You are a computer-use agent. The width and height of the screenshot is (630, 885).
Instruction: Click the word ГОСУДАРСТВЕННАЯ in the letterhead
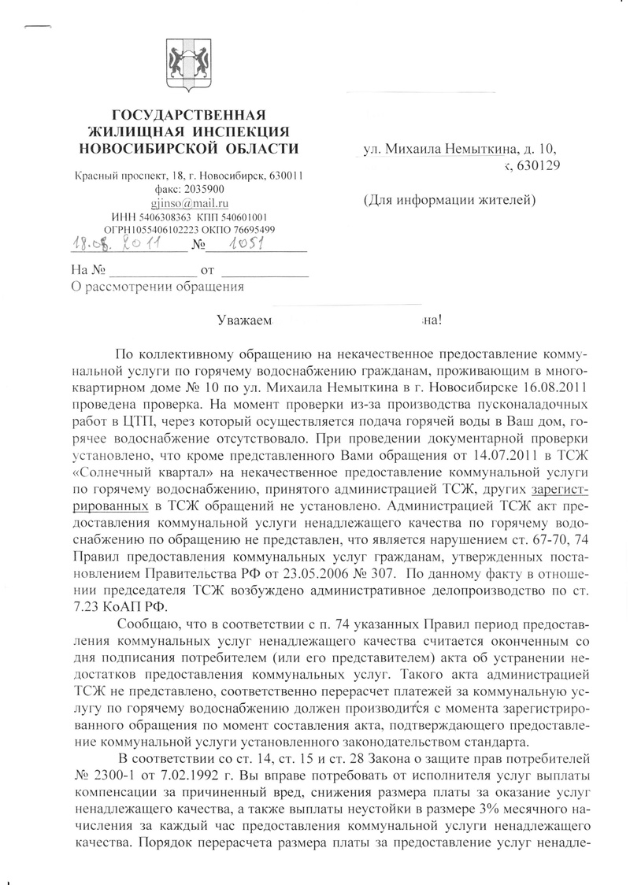[187, 115]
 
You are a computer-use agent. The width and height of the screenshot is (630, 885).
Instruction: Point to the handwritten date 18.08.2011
[113, 244]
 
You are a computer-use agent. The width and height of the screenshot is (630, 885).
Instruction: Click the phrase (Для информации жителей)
[449, 200]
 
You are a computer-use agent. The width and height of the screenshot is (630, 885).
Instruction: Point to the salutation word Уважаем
[244, 320]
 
